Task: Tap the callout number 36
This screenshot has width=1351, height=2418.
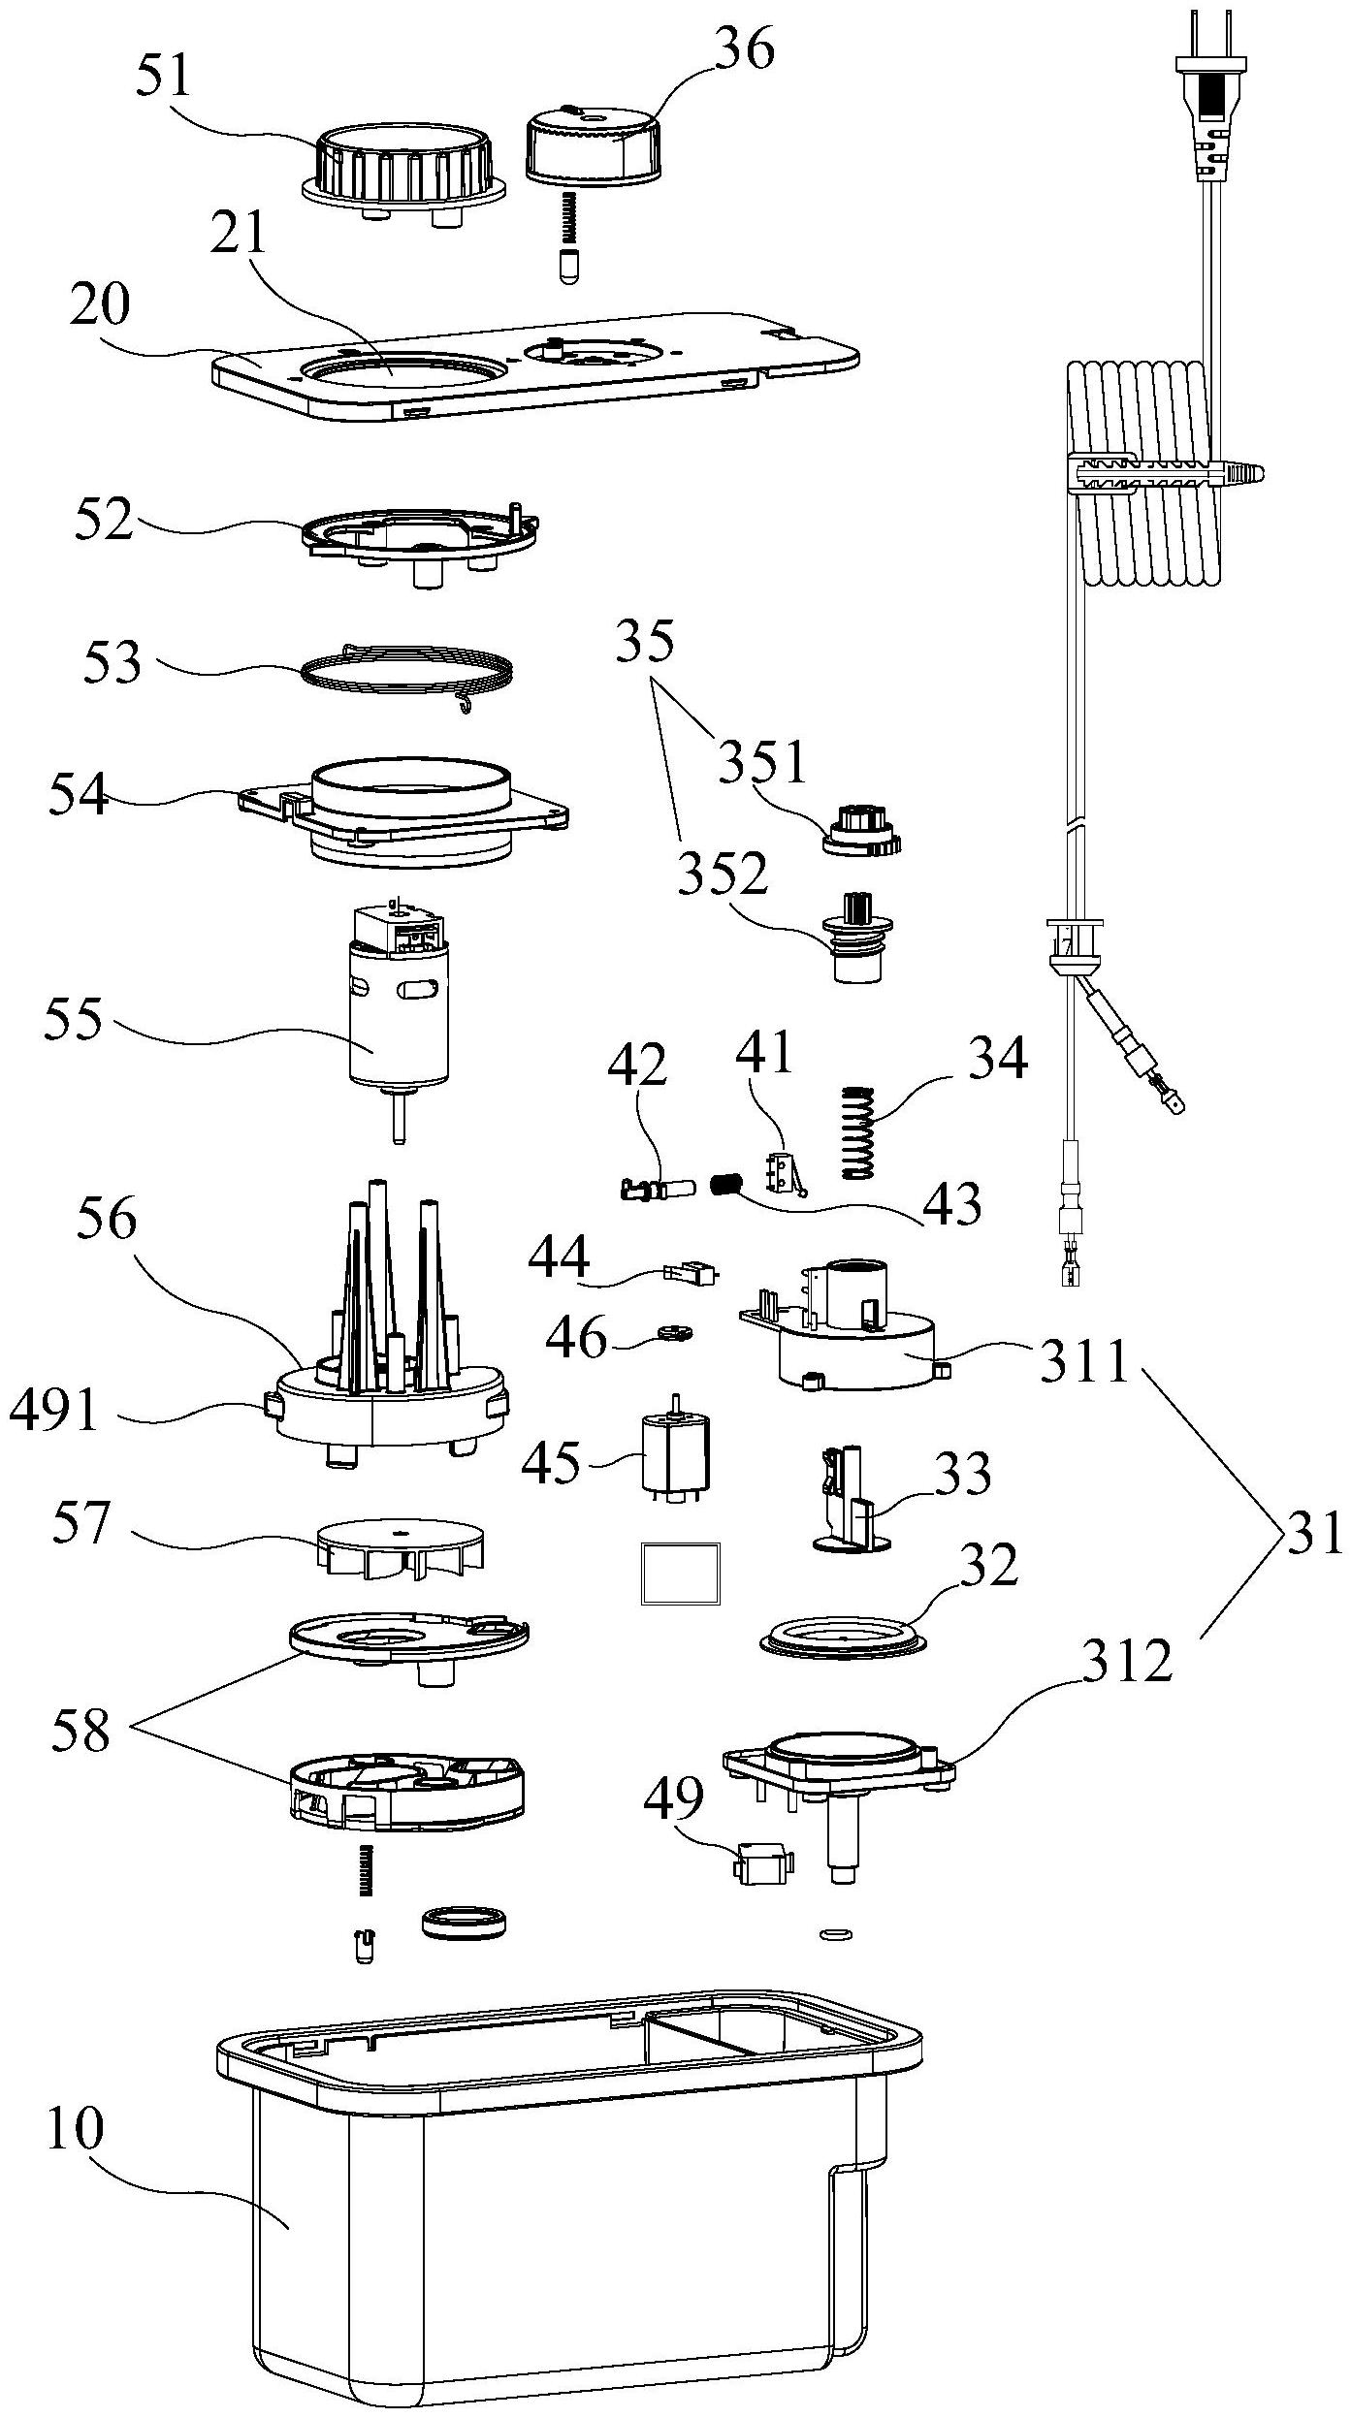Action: coord(745,48)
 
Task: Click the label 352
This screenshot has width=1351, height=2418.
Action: coord(723,875)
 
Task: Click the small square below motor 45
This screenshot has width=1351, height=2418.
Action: coord(682,1575)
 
